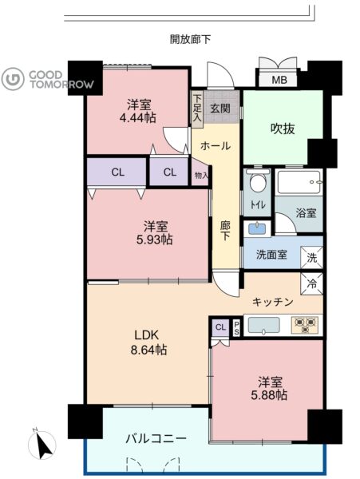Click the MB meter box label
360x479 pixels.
coord(279,80)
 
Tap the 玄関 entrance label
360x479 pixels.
coord(220,108)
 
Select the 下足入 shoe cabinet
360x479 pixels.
coord(197,109)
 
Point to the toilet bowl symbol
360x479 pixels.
coord(258,181)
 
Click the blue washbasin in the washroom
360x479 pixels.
coord(257,228)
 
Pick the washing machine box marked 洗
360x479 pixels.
coord(312,258)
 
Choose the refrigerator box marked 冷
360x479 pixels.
coord(312,284)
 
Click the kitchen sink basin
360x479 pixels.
coord(264,325)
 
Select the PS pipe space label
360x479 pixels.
coord(236,328)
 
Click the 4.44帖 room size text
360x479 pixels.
coord(138,117)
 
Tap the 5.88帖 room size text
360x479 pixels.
coord(269,395)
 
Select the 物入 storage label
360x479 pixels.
coord(201,176)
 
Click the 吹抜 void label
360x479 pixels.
coord(283,129)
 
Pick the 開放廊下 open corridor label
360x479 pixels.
coord(190,39)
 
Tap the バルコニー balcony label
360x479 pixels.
coord(156,439)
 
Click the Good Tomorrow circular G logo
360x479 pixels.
coord(13,79)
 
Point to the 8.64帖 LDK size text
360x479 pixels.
coord(149,350)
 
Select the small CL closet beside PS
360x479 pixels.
coord(220,328)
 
